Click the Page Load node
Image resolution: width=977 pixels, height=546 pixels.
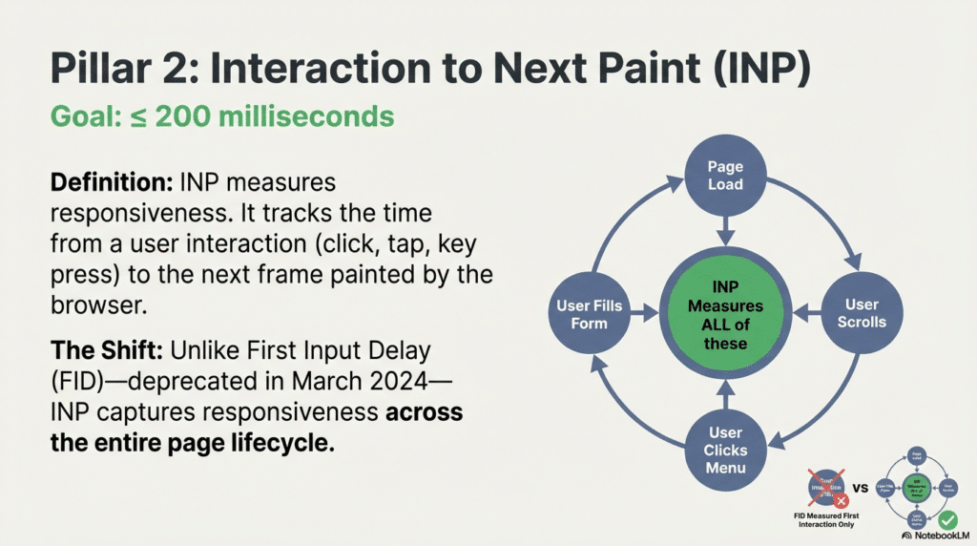[x=725, y=175]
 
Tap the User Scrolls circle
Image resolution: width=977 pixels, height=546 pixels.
[x=862, y=312]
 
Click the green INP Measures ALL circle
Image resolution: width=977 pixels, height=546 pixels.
[x=725, y=313]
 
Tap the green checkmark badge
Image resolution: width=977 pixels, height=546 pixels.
[x=946, y=521]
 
